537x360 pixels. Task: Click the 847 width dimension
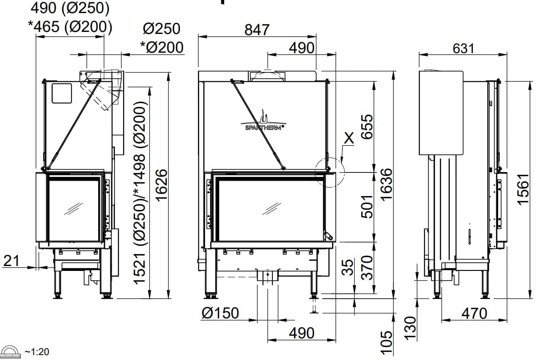(257, 30)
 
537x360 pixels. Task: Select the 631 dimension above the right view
(463, 49)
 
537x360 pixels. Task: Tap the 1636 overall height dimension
(386, 184)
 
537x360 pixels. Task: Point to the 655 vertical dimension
(367, 127)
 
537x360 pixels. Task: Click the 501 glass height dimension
(367, 207)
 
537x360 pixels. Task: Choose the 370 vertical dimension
(367, 268)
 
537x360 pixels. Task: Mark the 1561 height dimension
(523, 190)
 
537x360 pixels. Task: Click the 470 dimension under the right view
(474, 313)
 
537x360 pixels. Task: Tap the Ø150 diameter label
(220, 313)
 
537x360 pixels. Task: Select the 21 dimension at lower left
(11, 261)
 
